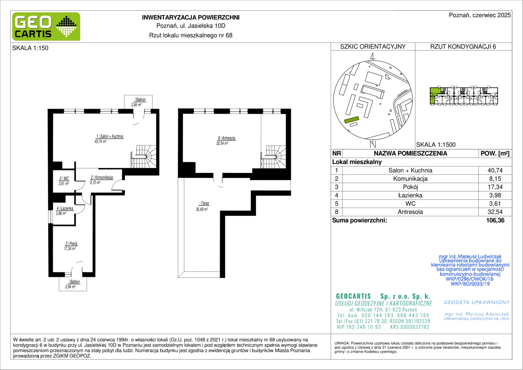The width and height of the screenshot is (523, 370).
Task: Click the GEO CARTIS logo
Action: pos(46,26)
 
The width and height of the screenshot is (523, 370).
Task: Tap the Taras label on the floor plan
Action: pos(205,203)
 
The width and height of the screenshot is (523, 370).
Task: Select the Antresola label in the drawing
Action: pos(227,138)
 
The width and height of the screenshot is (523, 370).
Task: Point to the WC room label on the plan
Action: pos(64,179)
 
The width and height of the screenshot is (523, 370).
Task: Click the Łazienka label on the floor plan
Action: pos(65,209)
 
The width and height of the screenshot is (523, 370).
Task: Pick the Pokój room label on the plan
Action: pos(72,244)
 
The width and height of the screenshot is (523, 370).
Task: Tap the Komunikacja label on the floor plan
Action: pos(102,177)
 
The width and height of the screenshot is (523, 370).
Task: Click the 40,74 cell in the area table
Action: pos(495,170)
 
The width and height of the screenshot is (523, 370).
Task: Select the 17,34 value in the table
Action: pos(495,187)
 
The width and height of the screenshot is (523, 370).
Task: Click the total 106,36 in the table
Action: pos(495,220)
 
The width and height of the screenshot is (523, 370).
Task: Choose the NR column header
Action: pos(336,153)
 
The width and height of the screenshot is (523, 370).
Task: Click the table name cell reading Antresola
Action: pos(410,212)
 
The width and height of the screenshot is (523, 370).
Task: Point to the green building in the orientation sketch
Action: pos(352,120)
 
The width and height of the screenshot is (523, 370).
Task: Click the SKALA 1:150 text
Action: pos(30,48)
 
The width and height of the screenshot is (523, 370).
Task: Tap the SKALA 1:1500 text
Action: pos(436,145)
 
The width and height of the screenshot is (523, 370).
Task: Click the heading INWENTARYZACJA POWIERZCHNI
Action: pos(191,17)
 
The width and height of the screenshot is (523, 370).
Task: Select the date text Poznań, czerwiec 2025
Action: pos(480,15)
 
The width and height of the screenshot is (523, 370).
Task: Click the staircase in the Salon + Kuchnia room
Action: pos(143,156)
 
